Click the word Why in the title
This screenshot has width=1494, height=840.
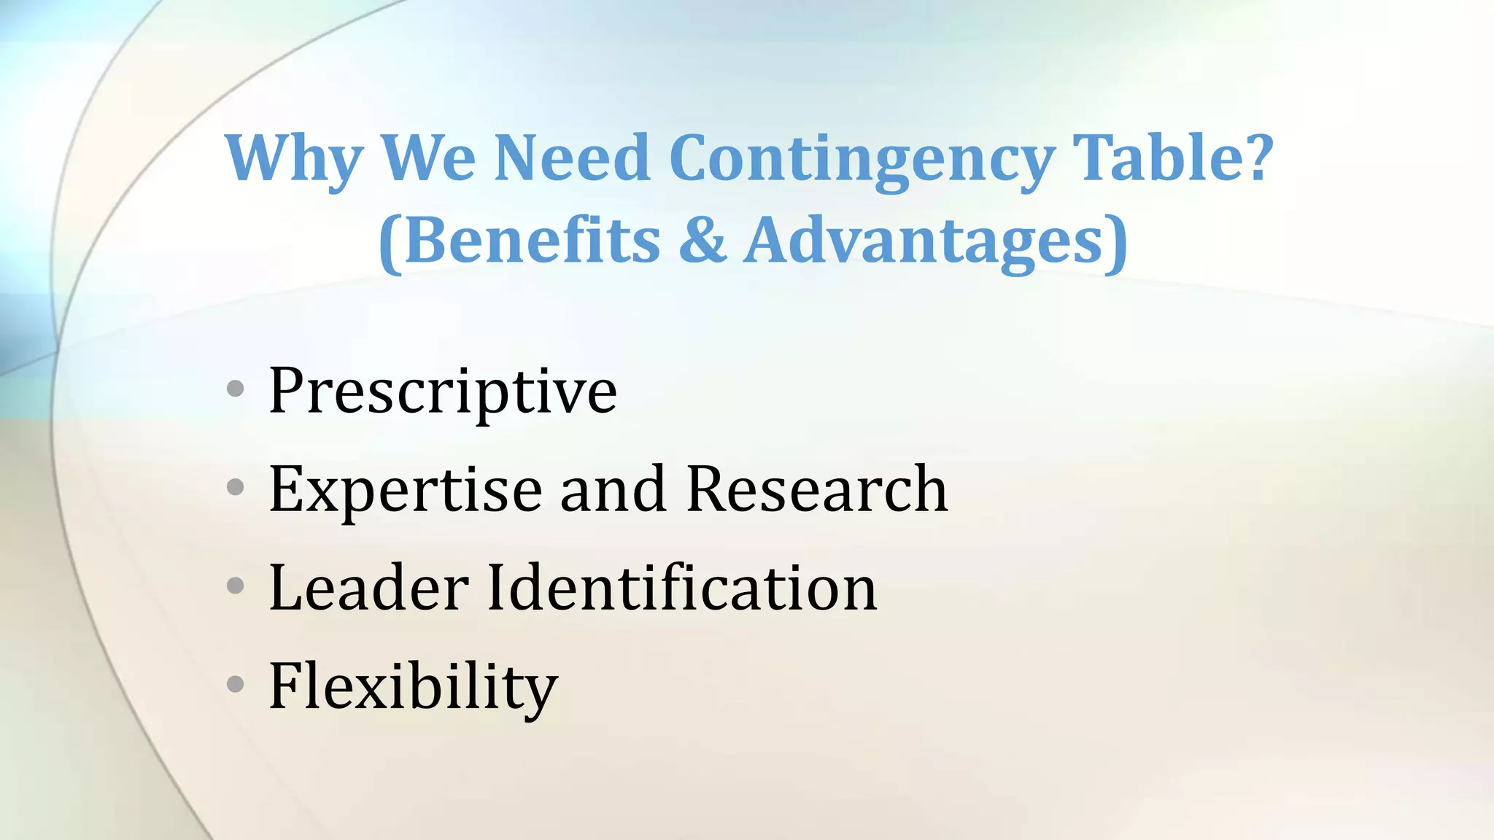click(293, 159)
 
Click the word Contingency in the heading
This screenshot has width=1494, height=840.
click(862, 159)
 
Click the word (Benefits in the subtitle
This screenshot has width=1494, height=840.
click(519, 241)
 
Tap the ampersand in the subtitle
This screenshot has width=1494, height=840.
click(703, 241)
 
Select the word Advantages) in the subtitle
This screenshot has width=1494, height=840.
click(936, 241)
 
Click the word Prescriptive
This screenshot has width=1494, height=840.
click(442, 392)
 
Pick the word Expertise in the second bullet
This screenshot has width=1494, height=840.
click(406, 490)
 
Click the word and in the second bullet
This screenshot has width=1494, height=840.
click(613, 490)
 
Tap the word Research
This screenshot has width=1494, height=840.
click(816, 490)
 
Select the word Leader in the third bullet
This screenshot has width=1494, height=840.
click(369, 588)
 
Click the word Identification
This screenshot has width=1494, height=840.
click(681, 588)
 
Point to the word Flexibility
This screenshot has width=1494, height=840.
click(413, 687)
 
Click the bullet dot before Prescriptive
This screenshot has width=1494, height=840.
click(235, 389)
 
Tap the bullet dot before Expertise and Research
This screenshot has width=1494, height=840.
click(235, 487)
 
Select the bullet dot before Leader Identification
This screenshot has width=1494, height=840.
click(235, 585)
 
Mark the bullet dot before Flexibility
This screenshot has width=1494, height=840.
click(235, 684)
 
